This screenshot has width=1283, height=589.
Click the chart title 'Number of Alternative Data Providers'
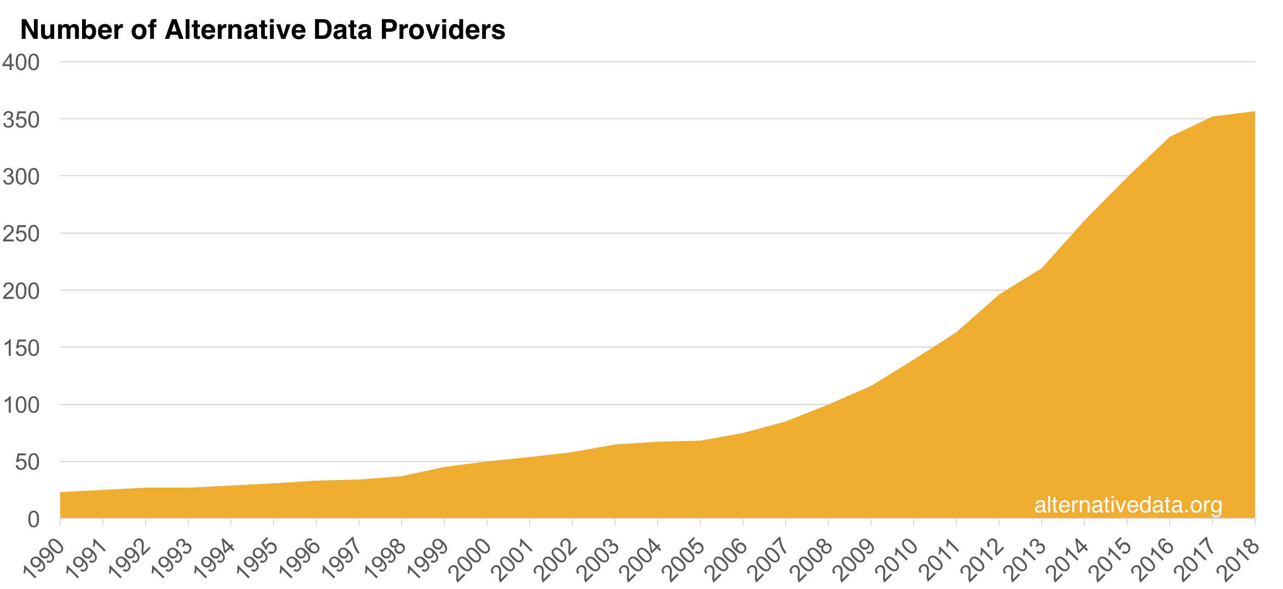[263, 30]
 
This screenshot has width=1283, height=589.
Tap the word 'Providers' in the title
[443, 30]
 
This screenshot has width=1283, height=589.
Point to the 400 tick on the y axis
[21, 62]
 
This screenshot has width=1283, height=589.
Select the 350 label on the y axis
[21, 120]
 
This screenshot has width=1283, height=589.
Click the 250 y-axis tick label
[21, 234]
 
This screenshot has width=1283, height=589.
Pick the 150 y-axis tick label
[21, 348]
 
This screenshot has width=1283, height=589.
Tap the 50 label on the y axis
[27, 463]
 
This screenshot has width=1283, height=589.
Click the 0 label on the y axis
[34, 519]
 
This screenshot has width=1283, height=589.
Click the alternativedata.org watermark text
[1128, 505]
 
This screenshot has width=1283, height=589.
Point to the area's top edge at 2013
[1042, 268]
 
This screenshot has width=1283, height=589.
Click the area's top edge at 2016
[1170, 137]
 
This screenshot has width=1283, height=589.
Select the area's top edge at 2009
[871, 386]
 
